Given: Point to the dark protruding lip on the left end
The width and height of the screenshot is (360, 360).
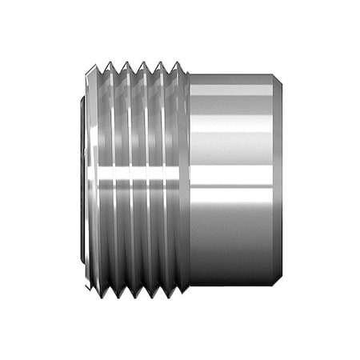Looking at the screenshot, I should click(x=84, y=180).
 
